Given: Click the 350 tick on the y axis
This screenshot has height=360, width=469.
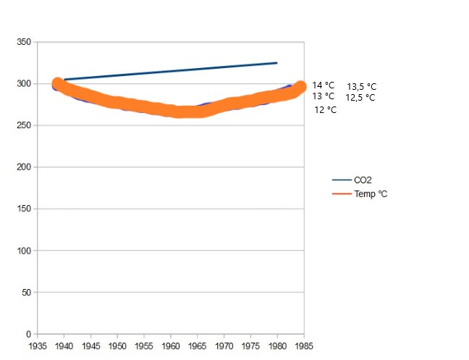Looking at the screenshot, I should [23, 42].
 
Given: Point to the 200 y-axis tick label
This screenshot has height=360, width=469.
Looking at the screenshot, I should [23, 167].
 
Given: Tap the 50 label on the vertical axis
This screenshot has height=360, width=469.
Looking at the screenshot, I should [25, 293].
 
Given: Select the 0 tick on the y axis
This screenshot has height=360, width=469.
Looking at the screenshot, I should [28, 335].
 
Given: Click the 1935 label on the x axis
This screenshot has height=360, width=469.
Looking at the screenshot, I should [38, 346].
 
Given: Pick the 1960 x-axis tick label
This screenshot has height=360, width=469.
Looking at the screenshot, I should [171, 346].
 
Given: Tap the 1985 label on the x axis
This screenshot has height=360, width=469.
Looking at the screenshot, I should [304, 346].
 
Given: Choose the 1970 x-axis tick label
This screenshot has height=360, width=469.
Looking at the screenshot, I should [224, 346].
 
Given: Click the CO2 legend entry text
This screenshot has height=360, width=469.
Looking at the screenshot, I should [363, 180].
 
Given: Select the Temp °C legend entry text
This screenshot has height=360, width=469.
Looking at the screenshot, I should [371, 194].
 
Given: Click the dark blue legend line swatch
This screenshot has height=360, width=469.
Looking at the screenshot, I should [340, 180].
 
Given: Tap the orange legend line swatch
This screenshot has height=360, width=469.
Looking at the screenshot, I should [340, 194].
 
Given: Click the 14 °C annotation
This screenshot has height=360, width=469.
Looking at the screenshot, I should [324, 85].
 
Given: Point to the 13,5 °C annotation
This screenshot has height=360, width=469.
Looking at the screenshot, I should [361, 86].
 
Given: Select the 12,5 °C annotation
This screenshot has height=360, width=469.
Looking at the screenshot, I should [360, 97].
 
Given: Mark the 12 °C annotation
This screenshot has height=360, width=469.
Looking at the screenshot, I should [326, 110].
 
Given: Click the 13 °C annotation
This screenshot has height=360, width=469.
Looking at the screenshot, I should [324, 96].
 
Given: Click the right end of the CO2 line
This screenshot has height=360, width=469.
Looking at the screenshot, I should [277, 63].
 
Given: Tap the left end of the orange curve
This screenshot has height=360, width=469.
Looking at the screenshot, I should [58, 84].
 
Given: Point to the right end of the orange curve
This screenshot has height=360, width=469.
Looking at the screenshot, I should [300, 86].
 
